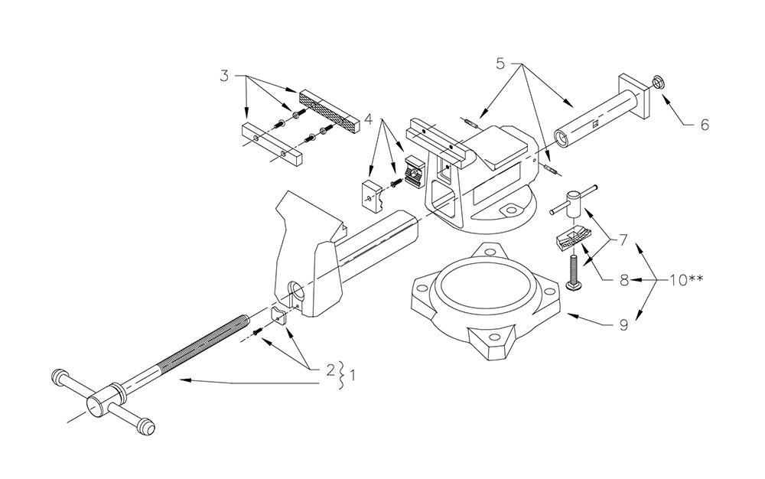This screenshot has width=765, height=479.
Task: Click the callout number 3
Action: coord(224,76)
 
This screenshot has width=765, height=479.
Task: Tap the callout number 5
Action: coord(500,64)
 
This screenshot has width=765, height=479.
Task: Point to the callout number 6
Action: coord(705,125)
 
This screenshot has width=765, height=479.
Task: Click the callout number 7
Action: coord(623,240)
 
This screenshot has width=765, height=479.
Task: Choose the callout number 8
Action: coord(623,281)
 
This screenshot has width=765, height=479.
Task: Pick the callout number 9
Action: coord(623,325)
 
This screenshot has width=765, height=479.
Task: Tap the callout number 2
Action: coord(330,370)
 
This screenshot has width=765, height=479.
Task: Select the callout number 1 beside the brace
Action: coord(352,376)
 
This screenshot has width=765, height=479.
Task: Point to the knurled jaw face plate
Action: coord(330,111)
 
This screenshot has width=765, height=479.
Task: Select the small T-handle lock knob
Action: coord(574,200)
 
